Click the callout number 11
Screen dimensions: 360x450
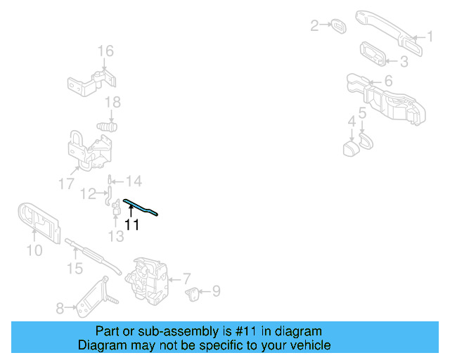click(x=131, y=225)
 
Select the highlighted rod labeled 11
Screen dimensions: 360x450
click(x=141, y=207)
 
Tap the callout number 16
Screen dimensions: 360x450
click(x=105, y=51)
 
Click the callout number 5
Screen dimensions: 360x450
click(x=362, y=112)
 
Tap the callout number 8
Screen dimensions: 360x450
click(x=60, y=308)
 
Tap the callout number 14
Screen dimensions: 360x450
click(x=133, y=181)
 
